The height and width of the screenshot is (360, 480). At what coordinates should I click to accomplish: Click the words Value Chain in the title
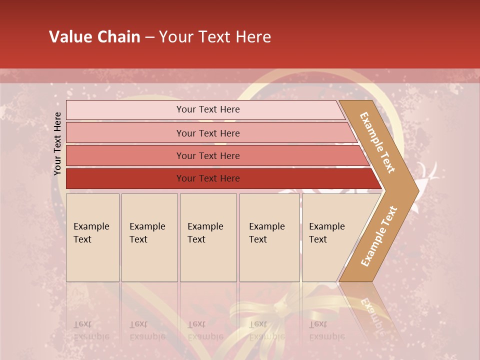94,37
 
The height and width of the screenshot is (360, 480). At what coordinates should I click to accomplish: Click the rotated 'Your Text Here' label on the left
57,143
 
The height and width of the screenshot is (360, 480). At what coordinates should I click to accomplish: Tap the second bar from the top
125,133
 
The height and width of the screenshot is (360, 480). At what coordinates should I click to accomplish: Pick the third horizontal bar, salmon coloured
125,155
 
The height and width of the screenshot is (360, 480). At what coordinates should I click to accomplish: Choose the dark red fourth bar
125,178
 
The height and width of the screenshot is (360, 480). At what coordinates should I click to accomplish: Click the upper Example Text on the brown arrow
377,142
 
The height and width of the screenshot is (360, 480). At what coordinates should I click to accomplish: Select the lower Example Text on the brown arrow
379,236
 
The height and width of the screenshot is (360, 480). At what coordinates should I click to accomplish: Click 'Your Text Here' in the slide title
215,37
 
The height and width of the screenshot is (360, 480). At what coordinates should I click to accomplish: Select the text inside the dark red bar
208,178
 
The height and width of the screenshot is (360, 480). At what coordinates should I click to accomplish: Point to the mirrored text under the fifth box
326,330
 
